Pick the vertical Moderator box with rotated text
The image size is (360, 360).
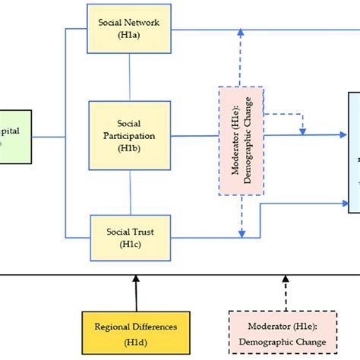click(241, 141)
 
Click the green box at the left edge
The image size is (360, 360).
click(15, 137)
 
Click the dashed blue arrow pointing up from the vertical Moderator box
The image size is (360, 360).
click(241, 61)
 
